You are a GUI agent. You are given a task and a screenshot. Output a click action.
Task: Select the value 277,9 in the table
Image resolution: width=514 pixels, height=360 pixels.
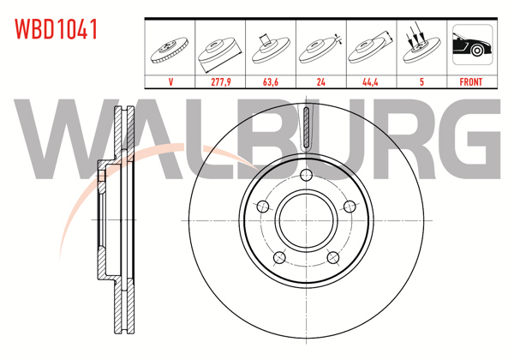coord(222,82)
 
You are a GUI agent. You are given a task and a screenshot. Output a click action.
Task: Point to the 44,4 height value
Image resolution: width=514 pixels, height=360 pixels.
coord(371,82)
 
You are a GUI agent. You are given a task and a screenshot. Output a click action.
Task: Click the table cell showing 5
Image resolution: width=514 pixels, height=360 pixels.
coord(421,82)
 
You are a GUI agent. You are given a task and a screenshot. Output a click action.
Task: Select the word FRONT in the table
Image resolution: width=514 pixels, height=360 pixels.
coord(470,82)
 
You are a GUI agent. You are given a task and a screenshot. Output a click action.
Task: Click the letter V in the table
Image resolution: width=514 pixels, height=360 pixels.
coord(172,82)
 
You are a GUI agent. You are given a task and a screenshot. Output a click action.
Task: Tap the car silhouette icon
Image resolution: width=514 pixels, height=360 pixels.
coord(470,47)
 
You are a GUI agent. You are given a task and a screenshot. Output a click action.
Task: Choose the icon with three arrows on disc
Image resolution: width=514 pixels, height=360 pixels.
coord(421,47)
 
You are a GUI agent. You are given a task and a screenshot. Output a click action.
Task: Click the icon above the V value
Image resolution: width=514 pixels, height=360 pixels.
coord(172,47)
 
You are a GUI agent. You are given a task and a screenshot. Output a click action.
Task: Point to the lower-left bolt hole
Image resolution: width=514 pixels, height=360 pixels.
coord(278,258)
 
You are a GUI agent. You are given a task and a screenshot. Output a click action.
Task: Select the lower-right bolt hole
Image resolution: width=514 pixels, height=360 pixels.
coord(332,258)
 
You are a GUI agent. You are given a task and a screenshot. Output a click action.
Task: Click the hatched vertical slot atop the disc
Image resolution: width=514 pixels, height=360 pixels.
coord(306,129)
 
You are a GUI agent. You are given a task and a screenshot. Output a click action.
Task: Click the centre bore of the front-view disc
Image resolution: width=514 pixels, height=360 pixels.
coord(306,219)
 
